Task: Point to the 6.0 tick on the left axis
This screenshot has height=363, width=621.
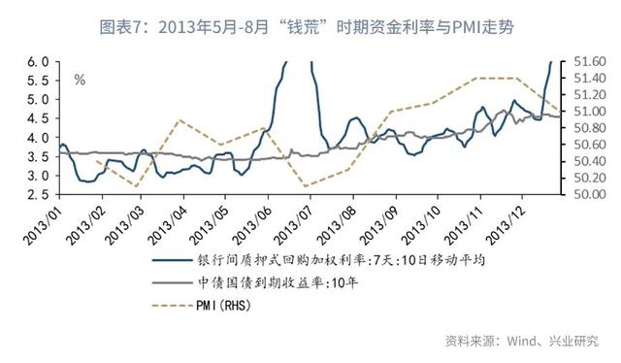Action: click(x=38, y=61)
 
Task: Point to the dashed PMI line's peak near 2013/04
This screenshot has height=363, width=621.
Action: click(x=180, y=120)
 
